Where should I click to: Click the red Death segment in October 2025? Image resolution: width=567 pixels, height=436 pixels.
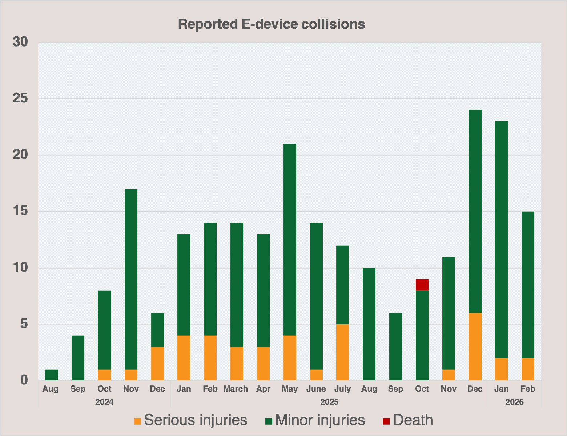[422, 285]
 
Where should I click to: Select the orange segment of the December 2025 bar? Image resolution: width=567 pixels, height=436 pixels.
[475, 347]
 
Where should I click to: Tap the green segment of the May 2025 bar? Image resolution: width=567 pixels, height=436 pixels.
[290, 240]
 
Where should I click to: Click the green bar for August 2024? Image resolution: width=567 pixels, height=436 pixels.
[51, 375]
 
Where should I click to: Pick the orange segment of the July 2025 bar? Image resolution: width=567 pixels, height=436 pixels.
[342, 352]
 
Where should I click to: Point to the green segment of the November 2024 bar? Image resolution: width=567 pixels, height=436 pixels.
[131, 279]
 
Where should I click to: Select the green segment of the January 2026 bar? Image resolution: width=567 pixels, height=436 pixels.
[502, 240]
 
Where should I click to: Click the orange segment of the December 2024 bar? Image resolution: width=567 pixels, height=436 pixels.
[157, 364]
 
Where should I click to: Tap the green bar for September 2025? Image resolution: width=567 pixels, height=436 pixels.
[395, 347]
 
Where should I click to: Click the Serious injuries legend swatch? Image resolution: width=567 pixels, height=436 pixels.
[137, 421]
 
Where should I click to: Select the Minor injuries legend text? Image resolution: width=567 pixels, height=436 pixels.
[320, 420]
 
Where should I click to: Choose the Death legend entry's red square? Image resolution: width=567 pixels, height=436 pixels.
[386, 421]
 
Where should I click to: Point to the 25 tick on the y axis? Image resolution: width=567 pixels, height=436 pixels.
[20, 98]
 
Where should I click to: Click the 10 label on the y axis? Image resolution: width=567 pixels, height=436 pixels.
[20, 268]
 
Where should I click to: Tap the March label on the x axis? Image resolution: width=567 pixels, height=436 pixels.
[236, 389]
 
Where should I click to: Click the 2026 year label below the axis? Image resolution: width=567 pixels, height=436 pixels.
[514, 402]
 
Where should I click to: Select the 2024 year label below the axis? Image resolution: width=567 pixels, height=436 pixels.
[104, 402]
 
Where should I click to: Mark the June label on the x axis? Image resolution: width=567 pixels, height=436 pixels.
[316, 389]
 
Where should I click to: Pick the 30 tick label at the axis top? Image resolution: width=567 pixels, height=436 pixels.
[20, 42]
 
